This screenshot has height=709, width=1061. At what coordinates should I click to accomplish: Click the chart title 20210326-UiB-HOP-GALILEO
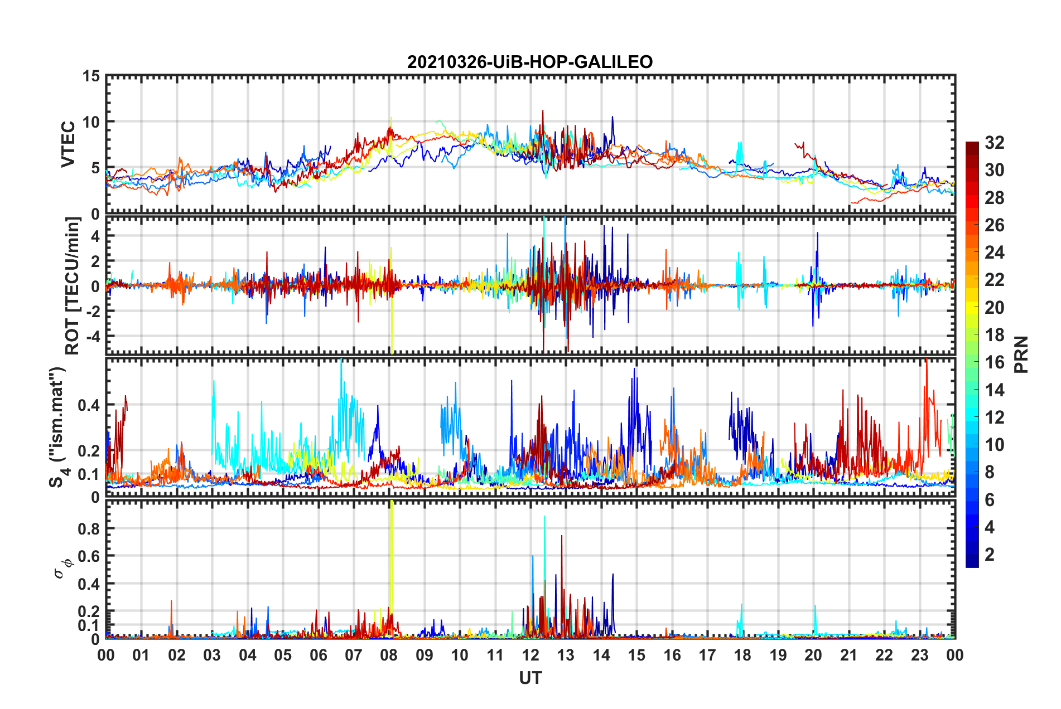pyautogui.click(x=530, y=62)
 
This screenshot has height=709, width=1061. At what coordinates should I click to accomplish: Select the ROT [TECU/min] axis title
pyautogui.click(x=73, y=285)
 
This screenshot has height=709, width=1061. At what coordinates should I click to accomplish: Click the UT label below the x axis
pyautogui.click(x=530, y=678)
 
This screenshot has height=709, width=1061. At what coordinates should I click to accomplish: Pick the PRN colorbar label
pyautogui.click(x=1021, y=354)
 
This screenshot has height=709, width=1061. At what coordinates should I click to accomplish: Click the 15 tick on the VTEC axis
pyautogui.click(x=91, y=76)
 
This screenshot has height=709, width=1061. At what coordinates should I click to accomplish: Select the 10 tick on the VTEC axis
pyautogui.click(x=91, y=122)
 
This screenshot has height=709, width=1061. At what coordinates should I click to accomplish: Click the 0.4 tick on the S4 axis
pyautogui.click(x=88, y=405)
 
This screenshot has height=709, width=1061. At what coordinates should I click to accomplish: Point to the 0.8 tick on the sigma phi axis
pyautogui.click(x=88, y=529)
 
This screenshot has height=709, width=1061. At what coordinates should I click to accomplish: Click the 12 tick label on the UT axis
pyautogui.click(x=530, y=655)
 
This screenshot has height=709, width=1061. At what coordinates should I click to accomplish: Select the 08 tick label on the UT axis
pyautogui.click(x=389, y=655)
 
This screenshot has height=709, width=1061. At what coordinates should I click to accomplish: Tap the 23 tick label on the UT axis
pyautogui.click(x=919, y=655)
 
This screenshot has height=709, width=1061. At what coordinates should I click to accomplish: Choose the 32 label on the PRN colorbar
pyautogui.click(x=994, y=143)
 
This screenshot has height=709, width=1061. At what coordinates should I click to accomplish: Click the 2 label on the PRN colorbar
pyautogui.click(x=990, y=555)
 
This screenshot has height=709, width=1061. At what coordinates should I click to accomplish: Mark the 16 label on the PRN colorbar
pyautogui.click(x=994, y=362)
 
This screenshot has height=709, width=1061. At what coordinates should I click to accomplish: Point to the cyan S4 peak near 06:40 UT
pyautogui.click(x=341, y=362)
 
